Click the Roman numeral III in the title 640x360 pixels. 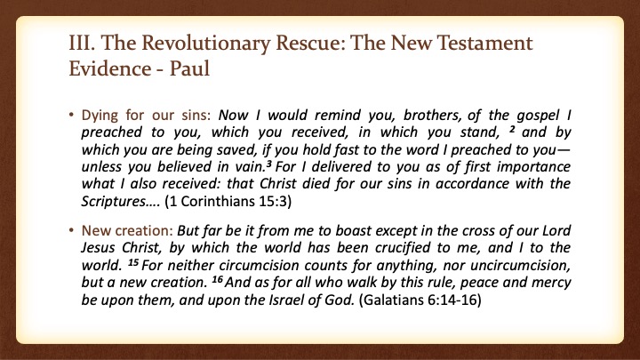click(x=82, y=43)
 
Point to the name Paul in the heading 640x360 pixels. click(x=189, y=68)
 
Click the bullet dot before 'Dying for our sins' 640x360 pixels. click(x=71, y=115)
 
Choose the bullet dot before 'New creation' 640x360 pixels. click(x=71, y=230)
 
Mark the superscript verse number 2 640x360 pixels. click(x=512, y=130)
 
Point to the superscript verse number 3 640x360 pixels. click(x=269, y=164)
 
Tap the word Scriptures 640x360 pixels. click(x=114, y=202)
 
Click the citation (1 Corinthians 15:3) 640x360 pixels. click(x=228, y=202)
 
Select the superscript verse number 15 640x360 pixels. click(x=133, y=262)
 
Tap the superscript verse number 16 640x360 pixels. click(x=218, y=280)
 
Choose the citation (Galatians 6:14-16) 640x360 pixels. click(x=420, y=300)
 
